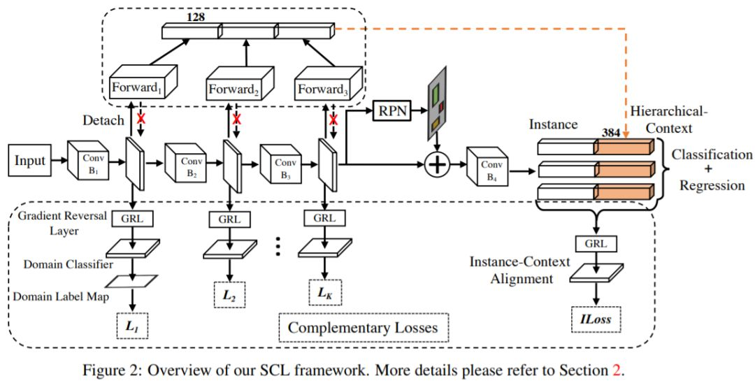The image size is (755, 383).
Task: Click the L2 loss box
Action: tap(229, 296)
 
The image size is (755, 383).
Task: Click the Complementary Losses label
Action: tap(363, 327)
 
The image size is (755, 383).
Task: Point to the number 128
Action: tap(196, 16)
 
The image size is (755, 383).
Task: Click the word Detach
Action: tap(103, 121)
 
